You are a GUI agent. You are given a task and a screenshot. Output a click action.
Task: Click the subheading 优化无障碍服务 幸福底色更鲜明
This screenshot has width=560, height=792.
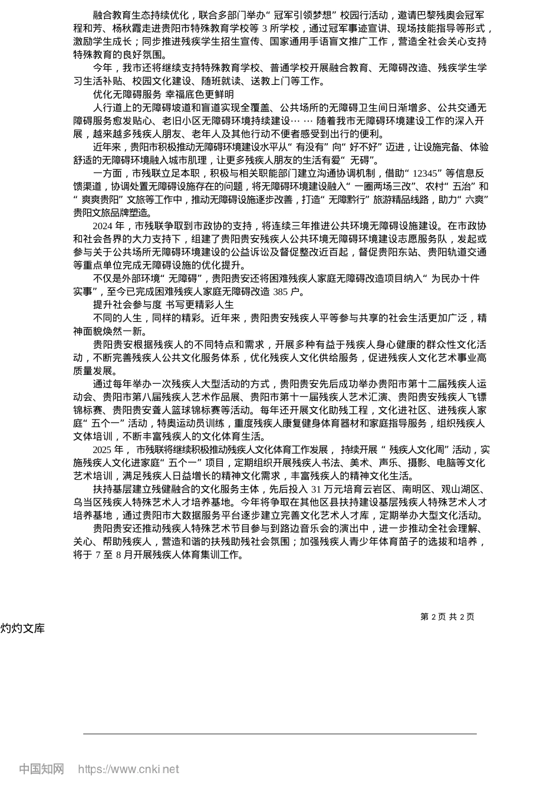163,94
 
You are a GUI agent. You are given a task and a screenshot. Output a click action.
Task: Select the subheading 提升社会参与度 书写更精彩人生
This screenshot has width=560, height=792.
163,305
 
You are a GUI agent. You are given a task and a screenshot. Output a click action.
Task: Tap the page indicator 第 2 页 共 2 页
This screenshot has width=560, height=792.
447,616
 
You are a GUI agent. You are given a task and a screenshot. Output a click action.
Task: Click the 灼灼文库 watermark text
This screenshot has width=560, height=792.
22,628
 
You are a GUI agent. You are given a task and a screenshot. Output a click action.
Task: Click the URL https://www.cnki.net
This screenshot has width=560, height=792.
129,769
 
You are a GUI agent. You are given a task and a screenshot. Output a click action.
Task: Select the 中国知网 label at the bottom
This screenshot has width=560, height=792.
42,769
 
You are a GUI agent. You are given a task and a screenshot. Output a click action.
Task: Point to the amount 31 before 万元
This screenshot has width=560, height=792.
316,489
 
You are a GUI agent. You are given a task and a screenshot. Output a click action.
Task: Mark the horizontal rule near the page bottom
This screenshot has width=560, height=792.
279,734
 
